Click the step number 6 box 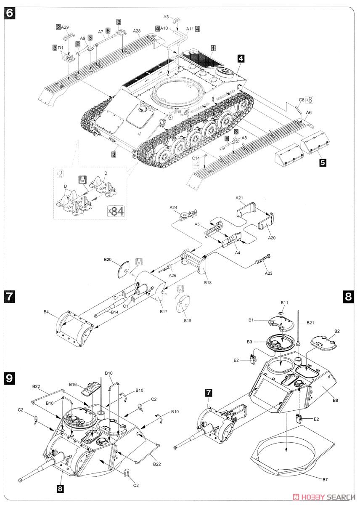10,13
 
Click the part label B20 107,259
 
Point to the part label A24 173,207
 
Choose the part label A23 268,273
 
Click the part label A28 136,31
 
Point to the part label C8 301,100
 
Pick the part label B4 46,312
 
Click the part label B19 187,320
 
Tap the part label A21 239,198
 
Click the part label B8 335,400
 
